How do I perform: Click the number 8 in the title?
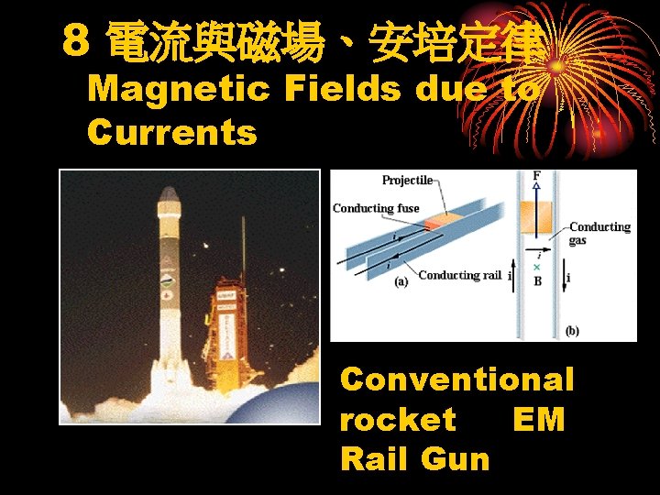click(77, 39)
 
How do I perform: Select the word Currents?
click(172, 133)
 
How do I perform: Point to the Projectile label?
click(407, 181)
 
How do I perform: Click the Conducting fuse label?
click(376, 208)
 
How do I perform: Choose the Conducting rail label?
click(460, 275)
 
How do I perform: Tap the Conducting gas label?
click(599, 233)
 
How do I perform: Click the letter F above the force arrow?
click(536, 175)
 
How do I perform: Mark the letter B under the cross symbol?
click(537, 281)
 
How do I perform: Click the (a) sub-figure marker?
click(401, 282)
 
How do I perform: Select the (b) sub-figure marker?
click(572, 330)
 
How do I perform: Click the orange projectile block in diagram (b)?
click(536, 218)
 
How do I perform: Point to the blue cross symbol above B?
click(537, 267)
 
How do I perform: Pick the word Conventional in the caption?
click(456, 379)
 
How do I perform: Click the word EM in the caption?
click(539, 419)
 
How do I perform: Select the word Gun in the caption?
click(458, 458)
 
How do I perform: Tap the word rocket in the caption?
click(397, 419)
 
